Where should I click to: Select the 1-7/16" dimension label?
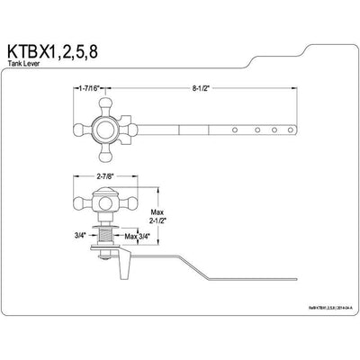(93, 89)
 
